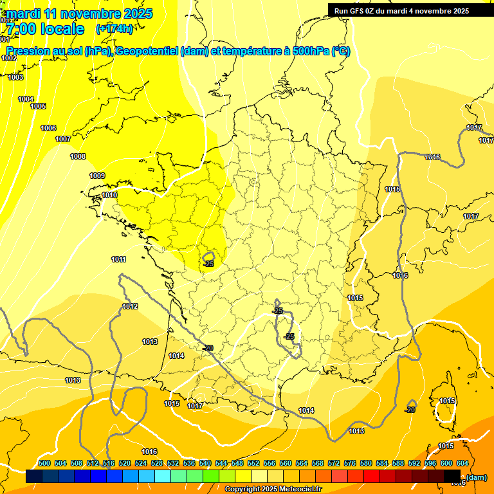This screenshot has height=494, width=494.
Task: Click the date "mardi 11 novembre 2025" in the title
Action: click(x=80, y=14)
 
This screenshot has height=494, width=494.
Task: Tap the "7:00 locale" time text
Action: click(x=46, y=29)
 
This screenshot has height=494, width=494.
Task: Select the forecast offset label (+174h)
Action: click(x=114, y=29)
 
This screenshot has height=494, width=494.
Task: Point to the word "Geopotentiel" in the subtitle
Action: click(x=147, y=51)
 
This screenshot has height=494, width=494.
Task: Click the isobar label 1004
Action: click(x=26, y=99)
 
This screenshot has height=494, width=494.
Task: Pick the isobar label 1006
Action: click(x=48, y=128)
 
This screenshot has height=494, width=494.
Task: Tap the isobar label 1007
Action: click(x=63, y=139)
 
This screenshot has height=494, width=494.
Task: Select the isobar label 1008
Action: click(x=78, y=156)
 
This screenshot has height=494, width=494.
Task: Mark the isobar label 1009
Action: click(x=97, y=176)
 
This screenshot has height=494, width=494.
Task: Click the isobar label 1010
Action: click(x=109, y=195)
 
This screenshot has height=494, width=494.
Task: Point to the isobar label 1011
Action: click(x=118, y=259)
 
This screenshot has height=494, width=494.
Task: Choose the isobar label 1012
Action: click(x=130, y=306)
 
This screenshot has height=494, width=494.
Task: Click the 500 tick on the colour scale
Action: click(x=44, y=463)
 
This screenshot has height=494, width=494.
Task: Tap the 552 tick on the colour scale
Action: click(x=253, y=463)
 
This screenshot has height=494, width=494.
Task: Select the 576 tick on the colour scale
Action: click(x=350, y=463)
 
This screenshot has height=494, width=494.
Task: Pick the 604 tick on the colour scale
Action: click(x=462, y=463)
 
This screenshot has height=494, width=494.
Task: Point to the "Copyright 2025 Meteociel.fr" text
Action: click(x=273, y=489)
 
